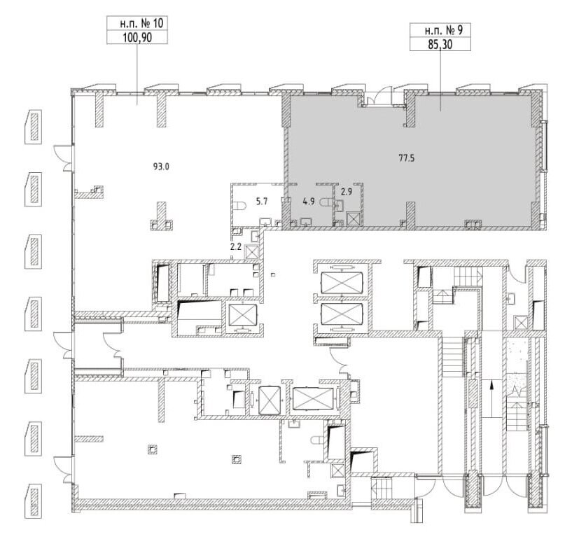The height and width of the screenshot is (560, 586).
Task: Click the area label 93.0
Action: (161, 167)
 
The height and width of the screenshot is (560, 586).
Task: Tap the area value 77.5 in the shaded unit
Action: (407, 158)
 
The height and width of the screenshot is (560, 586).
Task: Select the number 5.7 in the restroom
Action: (262, 202)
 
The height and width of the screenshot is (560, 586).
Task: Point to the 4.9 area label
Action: (309, 202)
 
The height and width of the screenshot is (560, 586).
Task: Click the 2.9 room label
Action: (347, 192)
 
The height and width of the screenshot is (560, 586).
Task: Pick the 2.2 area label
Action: (235, 246)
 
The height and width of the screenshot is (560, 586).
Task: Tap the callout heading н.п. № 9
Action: (444, 30)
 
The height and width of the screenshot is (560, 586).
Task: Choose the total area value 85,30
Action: (440, 45)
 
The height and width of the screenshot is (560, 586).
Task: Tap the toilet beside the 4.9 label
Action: (327, 202)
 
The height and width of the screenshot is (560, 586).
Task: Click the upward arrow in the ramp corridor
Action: (491, 398)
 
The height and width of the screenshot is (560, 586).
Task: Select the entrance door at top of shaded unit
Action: (379, 96)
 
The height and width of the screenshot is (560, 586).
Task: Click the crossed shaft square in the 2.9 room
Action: (352, 219)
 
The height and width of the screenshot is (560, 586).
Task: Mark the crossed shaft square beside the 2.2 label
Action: (251, 253)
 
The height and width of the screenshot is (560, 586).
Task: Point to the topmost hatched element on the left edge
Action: (34, 127)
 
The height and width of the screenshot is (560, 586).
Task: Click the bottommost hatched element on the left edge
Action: (34, 501)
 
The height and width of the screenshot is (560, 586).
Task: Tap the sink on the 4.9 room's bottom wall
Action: (306, 223)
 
